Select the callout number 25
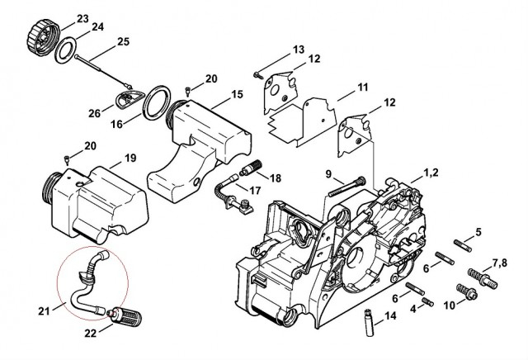[x=123, y=41]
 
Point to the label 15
[x=237, y=95]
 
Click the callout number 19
[x=130, y=157]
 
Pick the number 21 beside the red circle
[x=44, y=310]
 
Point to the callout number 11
[x=362, y=87]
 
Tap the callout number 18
[x=275, y=178]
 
